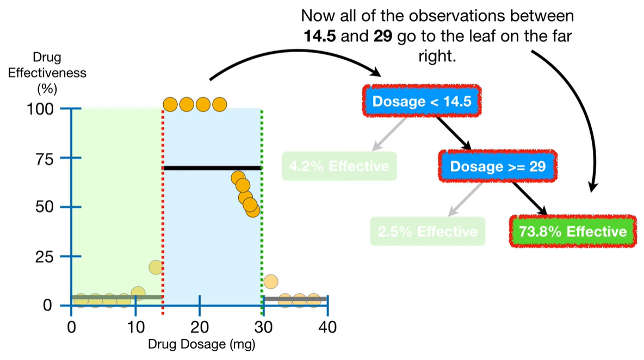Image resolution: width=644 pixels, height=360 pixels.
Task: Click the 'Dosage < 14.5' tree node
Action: (422, 101)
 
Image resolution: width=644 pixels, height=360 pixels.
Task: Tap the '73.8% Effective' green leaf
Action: (573, 232)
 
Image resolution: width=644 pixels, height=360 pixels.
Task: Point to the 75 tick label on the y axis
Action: (46, 158)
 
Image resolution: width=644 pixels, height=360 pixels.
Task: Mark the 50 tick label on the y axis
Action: (46, 207)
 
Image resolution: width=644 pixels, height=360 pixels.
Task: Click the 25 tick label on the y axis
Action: (46, 256)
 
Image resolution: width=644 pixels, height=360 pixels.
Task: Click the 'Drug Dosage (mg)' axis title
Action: (201, 344)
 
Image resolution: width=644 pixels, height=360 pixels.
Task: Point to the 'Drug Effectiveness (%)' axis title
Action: (47, 73)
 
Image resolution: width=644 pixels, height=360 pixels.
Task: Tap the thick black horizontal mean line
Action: (212, 168)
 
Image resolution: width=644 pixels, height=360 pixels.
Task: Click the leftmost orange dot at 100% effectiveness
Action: (170, 104)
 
